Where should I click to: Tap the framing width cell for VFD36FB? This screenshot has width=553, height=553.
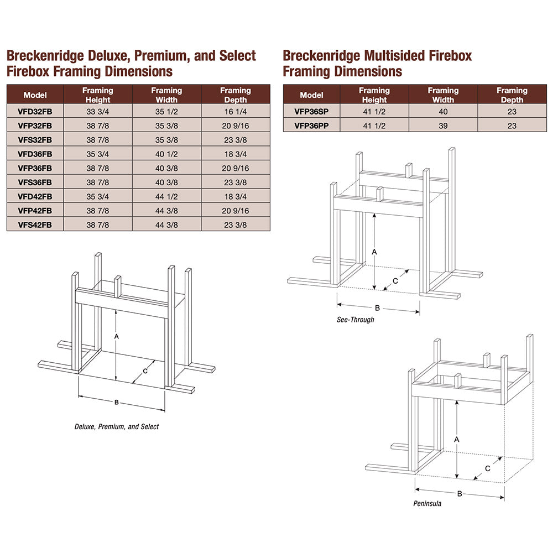click(x=166, y=153)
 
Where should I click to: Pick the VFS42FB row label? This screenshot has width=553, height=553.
click(x=35, y=225)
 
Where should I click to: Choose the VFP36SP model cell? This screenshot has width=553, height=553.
click(x=311, y=112)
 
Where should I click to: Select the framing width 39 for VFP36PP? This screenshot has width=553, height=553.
click(x=443, y=126)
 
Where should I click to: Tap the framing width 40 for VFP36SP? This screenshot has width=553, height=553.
click(x=443, y=112)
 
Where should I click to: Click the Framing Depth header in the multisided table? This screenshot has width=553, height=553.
click(x=512, y=95)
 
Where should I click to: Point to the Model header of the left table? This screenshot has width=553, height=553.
click(x=35, y=95)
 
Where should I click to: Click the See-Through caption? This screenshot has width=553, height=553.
click(x=356, y=320)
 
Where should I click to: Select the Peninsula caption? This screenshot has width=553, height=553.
click(x=427, y=504)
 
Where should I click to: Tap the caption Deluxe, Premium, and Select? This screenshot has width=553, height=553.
click(x=117, y=427)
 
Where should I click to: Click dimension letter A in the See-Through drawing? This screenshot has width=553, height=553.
click(x=374, y=251)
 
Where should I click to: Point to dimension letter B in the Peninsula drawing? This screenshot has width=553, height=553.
click(x=460, y=493)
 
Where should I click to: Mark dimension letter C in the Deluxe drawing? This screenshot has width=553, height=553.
click(x=145, y=371)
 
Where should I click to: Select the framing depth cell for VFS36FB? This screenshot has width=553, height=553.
click(x=235, y=181)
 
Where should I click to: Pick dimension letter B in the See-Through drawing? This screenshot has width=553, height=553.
click(x=377, y=307)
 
